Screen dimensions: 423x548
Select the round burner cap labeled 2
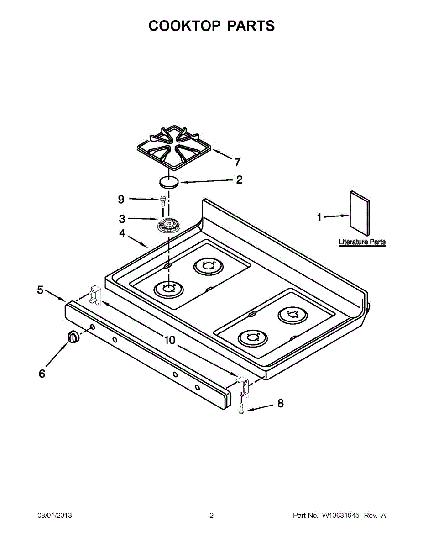pos(168,182)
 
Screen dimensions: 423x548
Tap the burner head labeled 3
pos(167,225)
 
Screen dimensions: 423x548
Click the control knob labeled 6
pos(73,337)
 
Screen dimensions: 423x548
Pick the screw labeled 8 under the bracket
pos(241,410)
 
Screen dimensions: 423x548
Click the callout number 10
pos(169,340)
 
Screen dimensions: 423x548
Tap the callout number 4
pos(122,233)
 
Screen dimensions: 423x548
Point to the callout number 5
pos(40,290)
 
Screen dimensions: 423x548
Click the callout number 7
pos(237,162)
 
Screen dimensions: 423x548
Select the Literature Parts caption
pos(362,242)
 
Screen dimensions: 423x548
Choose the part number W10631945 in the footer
pos(340,516)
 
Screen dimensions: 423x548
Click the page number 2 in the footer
pos(211,516)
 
